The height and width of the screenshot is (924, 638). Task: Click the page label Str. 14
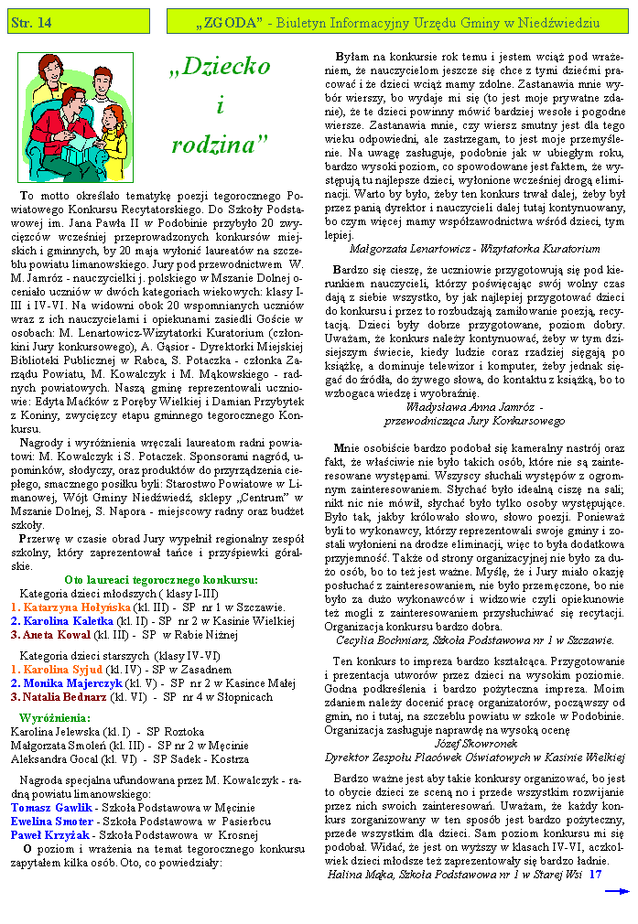tap(31, 21)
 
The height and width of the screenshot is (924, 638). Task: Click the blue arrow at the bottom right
tap(616, 889)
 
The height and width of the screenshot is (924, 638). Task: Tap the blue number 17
tap(595, 875)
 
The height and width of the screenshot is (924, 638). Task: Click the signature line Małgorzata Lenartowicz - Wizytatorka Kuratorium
tap(475, 248)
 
